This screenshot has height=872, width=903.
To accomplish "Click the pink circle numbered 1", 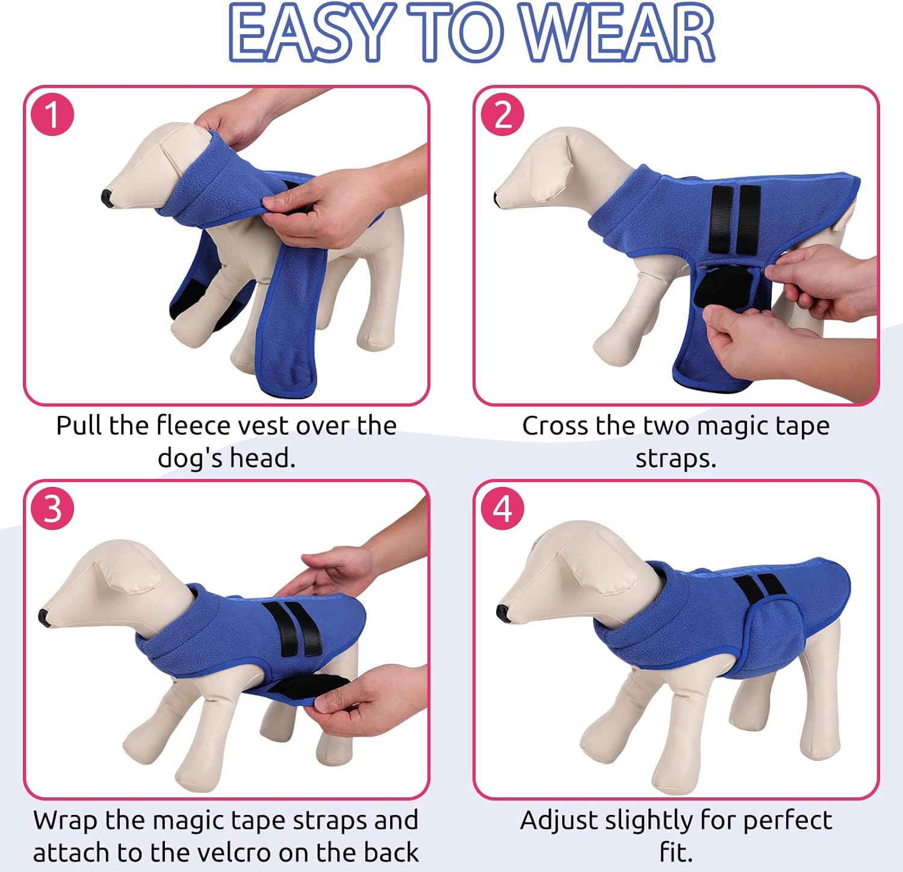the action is [52, 114].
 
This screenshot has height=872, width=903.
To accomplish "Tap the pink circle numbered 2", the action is [502, 114].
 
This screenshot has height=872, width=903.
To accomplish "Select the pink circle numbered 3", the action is [52, 509].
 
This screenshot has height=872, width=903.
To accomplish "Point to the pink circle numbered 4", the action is [502, 509].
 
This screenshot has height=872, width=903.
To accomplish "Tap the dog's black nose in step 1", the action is [107, 197].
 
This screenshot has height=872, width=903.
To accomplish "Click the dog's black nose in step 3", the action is [43, 616].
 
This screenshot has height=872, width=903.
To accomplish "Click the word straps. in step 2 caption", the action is [676, 459].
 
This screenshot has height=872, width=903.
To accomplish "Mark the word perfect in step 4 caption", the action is [788, 820].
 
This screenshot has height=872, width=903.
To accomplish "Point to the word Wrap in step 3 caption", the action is [66, 820].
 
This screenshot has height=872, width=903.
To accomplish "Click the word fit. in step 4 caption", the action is [676, 852].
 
